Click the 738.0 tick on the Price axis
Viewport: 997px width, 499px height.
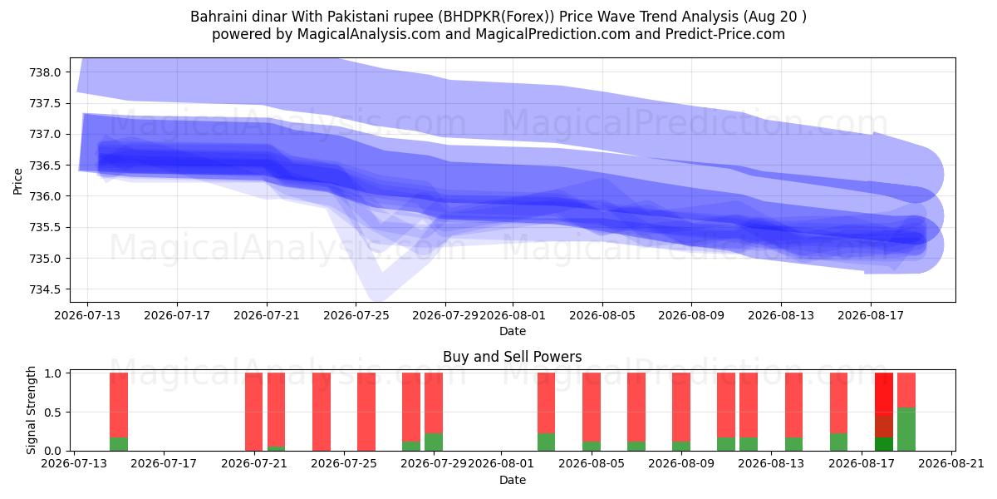click(45, 72)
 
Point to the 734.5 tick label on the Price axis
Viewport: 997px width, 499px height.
click(45, 289)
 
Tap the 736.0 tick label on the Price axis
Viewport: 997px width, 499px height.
click(45, 196)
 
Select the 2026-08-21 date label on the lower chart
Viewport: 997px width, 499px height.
click(951, 464)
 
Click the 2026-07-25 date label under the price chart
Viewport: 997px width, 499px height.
click(356, 315)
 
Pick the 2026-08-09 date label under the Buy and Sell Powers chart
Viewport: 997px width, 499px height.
click(681, 464)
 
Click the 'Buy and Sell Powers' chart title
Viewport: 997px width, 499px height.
click(513, 357)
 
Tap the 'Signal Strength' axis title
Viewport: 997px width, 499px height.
click(31, 410)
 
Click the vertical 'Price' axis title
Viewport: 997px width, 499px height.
click(17, 181)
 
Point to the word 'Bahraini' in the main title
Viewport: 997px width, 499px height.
click(217, 17)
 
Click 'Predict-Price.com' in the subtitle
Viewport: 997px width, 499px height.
click(725, 34)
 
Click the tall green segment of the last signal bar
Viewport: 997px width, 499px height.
click(906, 429)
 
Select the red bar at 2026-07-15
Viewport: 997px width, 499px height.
click(119, 405)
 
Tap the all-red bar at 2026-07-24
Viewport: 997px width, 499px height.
click(322, 412)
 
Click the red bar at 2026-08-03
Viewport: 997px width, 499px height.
click(546, 403)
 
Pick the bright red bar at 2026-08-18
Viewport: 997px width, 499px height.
click(883, 394)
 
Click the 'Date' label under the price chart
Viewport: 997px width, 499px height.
click(513, 331)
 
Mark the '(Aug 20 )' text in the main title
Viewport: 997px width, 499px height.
click(774, 17)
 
